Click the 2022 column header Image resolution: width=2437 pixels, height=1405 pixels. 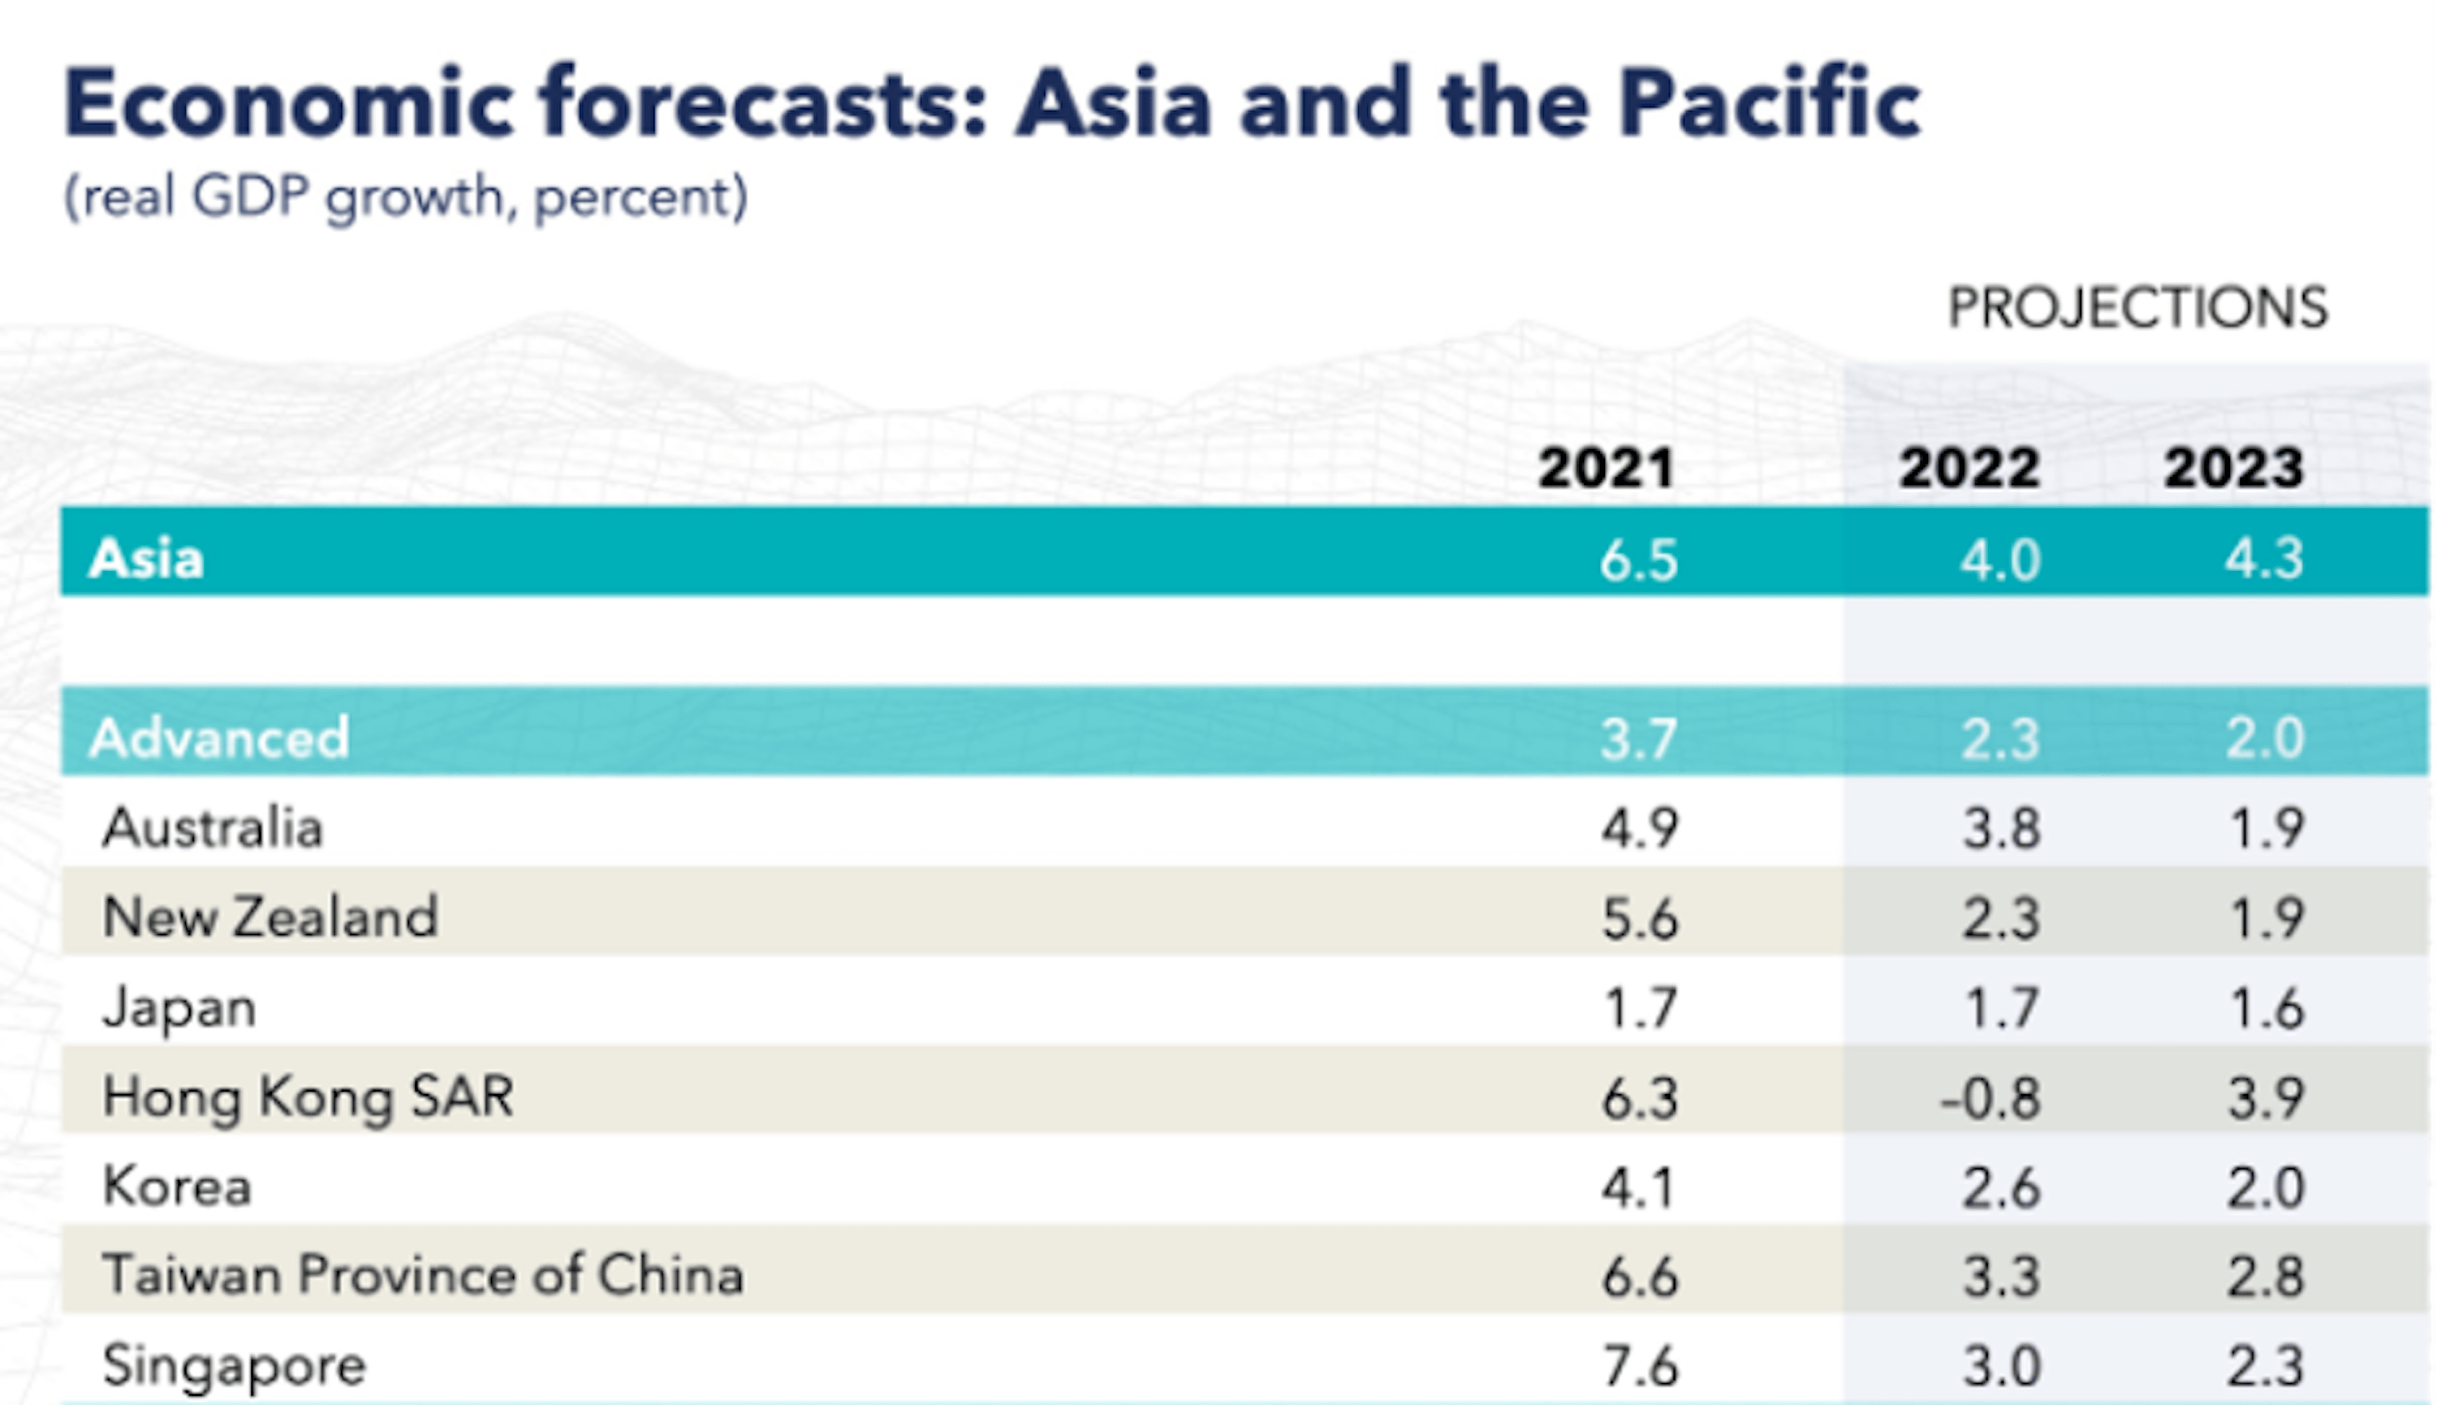point(1969,468)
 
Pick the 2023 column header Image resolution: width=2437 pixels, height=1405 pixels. point(2233,468)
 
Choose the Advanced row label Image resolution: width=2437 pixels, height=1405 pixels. point(218,738)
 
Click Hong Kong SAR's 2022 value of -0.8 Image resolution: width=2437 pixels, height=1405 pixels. point(1990,1097)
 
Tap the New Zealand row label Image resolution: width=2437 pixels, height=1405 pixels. point(269,916)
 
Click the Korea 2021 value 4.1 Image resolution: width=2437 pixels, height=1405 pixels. point(1638,1187)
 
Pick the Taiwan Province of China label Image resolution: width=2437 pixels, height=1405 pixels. point(423,1275)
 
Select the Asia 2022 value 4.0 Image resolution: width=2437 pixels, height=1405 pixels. point(2000,559)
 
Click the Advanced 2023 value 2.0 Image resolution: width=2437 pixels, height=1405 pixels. point(2264,739)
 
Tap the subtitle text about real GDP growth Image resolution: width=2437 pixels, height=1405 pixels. point(406,197)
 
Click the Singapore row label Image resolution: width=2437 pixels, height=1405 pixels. point(234,1364)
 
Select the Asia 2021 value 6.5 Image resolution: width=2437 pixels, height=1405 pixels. point(1639,559)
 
